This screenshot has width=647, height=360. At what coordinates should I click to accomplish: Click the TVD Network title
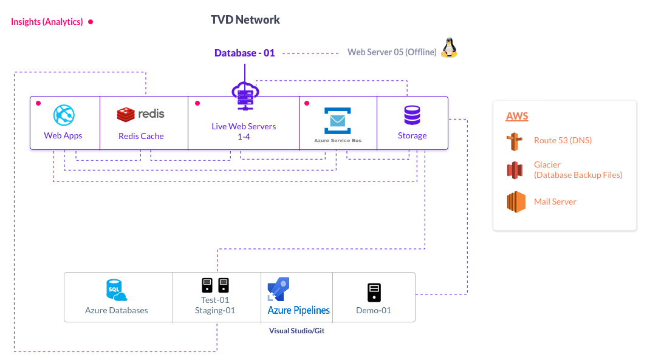click(245, 20)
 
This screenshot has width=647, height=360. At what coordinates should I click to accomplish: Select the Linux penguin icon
click(449, 48)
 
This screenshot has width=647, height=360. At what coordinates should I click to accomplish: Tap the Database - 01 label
click(244, 53)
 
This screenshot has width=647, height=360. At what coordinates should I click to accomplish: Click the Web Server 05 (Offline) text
click(392, 52)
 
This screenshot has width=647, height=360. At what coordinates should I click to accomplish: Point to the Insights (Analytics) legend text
click(47, 22)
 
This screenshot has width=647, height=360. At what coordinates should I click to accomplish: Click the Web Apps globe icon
click(63, 115)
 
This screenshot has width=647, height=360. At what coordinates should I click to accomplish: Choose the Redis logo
click(140, 114)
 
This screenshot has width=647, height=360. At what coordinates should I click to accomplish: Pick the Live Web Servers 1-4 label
click(244, 131)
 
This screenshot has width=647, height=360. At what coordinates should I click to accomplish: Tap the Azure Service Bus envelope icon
click(338, 120)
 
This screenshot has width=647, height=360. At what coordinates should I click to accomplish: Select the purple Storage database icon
click(412, 115)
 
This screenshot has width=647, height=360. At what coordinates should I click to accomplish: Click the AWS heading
click(517, 116)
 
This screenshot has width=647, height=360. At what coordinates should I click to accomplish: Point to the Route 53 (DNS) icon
click(515, 141)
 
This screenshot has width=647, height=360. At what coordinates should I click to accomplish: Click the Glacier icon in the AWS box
click(515, 170)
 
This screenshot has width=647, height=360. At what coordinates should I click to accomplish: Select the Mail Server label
click(555, 202)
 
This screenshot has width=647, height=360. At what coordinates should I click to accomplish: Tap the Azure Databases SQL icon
click(115, 291)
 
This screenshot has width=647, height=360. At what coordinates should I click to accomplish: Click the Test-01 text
click(215, 300)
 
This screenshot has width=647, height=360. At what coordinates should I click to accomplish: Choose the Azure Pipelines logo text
click(299, 310)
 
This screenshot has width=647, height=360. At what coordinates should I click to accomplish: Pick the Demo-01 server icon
click(374, 293)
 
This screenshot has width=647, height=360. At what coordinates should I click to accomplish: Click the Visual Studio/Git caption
click(297, 331)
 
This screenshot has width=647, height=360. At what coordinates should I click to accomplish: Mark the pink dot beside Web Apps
click(38, 103)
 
